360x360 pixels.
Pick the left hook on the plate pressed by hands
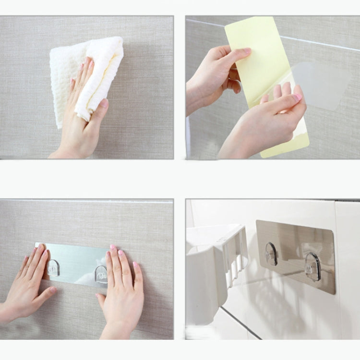(x=54, y=268)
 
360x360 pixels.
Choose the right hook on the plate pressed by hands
(x=101, y=274)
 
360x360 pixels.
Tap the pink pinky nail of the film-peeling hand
(x=298, y=97)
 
